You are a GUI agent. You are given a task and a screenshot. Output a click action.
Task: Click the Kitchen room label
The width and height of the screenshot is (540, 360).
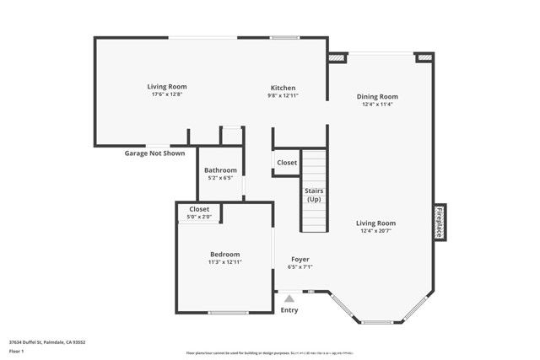coord(283,88)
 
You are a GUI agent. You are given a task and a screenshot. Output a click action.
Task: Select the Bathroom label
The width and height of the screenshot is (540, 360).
coord(219,169)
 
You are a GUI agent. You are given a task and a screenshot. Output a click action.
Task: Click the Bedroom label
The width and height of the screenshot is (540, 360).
coord(224,254)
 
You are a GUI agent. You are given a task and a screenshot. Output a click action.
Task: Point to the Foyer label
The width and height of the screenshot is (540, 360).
coord(300,259)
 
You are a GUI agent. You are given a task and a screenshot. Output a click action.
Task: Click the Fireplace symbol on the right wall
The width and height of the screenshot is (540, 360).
coord(439,223)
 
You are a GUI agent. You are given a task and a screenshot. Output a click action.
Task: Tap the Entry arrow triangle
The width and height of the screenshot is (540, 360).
coord(289,298)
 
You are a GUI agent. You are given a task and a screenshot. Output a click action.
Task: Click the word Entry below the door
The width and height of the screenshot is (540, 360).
coord(289,309)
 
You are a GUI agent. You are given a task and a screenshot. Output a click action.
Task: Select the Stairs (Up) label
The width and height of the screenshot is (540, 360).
coord(314,195)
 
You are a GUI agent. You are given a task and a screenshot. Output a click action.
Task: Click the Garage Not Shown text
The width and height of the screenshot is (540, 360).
coord(154,153)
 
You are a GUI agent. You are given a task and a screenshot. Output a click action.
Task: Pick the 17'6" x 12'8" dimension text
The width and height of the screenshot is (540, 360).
coord(167,94)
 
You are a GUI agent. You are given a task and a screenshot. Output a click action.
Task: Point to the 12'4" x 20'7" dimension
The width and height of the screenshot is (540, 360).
coord(378,231)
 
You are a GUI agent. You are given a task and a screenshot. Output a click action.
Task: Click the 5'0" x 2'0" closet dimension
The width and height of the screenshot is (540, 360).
coord(199,217)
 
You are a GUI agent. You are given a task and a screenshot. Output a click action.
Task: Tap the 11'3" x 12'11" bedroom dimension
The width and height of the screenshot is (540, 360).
coord(225,262)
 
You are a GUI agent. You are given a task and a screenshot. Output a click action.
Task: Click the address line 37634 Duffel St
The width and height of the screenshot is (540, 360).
coord(47,341)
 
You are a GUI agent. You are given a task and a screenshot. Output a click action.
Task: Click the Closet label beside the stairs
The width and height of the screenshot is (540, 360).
coord(287,163)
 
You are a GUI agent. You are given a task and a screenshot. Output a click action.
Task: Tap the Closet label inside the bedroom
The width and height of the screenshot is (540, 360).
coord(199,208)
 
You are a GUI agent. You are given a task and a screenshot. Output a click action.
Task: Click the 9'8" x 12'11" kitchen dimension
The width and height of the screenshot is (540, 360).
coord(283,95)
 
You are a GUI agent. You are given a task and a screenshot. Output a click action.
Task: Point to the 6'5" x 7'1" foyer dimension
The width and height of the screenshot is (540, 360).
coord(300,266)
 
